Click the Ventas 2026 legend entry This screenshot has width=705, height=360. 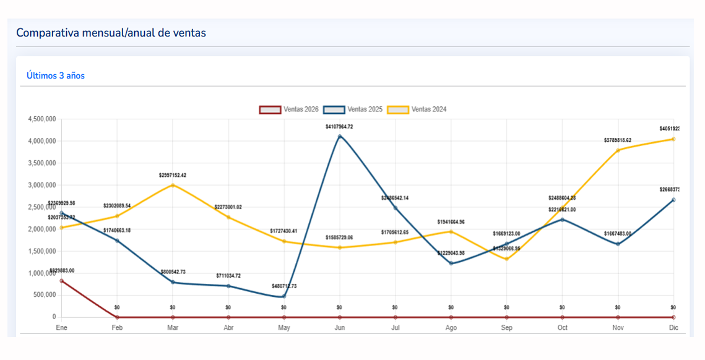click(x=289, y=109)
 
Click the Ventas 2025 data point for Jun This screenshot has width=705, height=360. click(x=339, y=136)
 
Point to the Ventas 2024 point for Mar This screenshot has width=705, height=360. click(x=173, y=185)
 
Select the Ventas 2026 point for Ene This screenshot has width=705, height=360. click(x=61, y=281)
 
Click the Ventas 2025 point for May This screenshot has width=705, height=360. click(x=284, y=296)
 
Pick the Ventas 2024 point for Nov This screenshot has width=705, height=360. click(x=618, y=150)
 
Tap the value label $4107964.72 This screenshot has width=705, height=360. click(x=339, y=127)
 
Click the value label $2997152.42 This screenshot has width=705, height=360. click(x=173, y=176)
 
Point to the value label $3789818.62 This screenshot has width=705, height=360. click(x=618, y=140)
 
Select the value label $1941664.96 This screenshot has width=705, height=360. click(x=451, y=222)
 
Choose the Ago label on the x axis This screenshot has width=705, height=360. click(x=451, y=328)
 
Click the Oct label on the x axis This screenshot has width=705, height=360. click(x=562, y=328)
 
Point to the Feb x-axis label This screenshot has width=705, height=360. click(x=117, y=328)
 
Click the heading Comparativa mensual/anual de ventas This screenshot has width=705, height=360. click(x=111, y=33)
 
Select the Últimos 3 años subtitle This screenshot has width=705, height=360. click(x=56, y=75)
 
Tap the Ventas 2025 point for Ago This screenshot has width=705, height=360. click(x=451, y=264)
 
